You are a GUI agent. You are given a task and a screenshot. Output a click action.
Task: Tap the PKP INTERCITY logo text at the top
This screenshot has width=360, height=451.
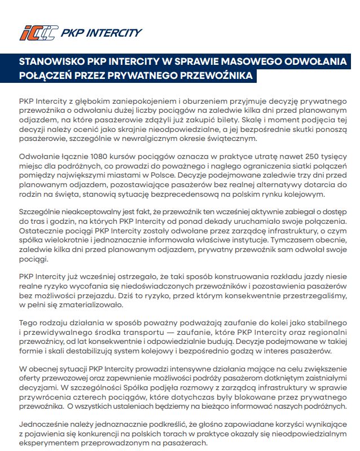(101, 33)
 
